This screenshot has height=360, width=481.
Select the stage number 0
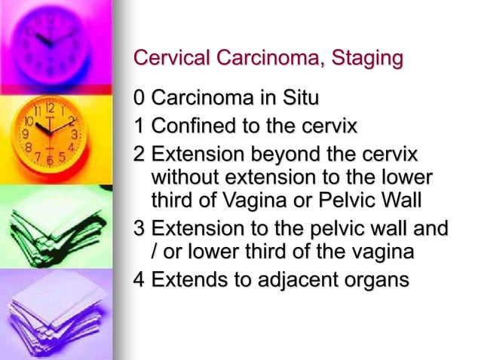pyautogui.click(x=139, y=98)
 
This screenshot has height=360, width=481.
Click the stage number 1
pyautogui.click(x=139, y=126)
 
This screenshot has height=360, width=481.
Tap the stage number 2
pyautogui.click(x=139, y=154)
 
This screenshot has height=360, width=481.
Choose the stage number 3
pyautogui.click(x=139, y=227)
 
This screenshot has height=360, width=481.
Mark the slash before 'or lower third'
pyautogui.click(x=155, y=252)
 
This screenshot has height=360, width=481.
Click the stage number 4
pyautogui.click(x=139, y=279)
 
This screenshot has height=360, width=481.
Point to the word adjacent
pyautogui.click(x=290, y=279)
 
